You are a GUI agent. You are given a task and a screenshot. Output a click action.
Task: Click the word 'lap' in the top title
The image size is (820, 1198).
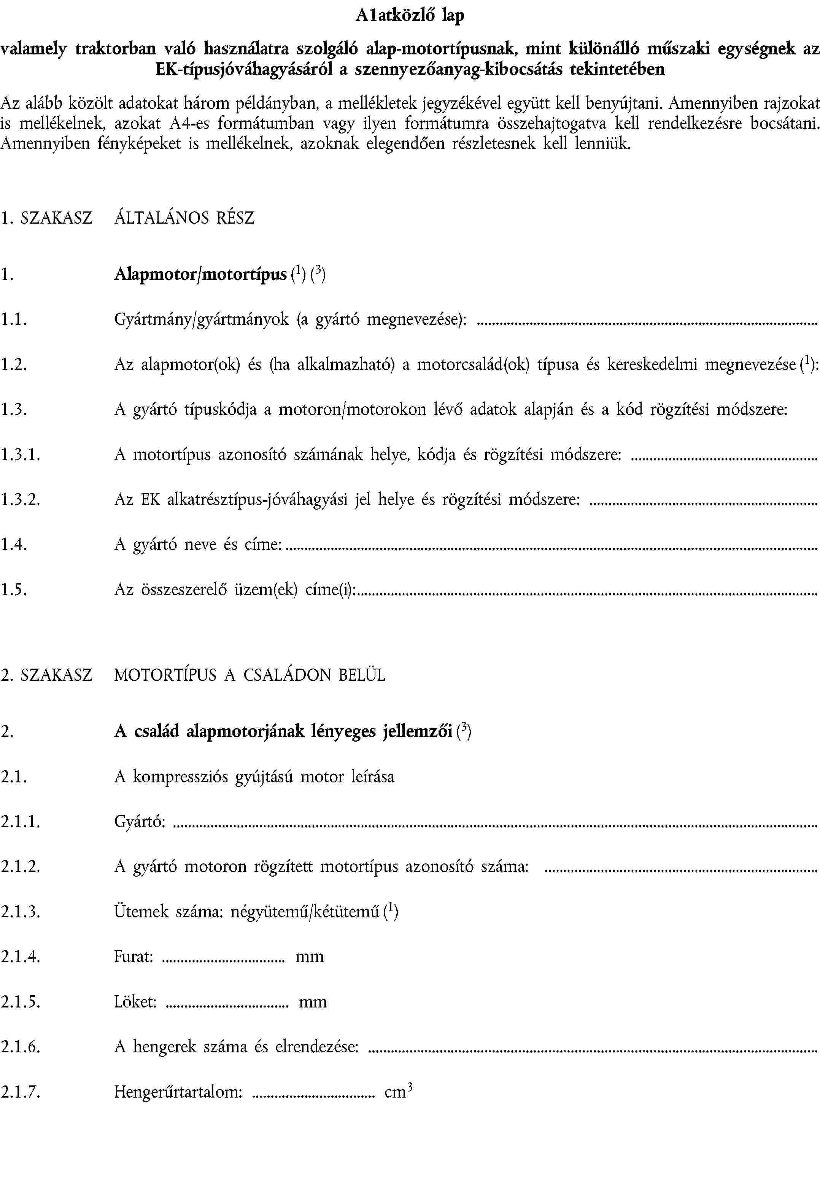point(453,16)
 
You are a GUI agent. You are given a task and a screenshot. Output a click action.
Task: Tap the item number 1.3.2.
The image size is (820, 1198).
point(21,499)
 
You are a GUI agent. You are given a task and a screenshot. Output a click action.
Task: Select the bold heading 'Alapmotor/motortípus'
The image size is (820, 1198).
point(200,274)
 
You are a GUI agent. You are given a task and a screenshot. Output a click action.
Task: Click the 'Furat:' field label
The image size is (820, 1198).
point(133,956)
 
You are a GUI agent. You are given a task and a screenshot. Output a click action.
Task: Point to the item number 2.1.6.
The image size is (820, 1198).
point(21,1047)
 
